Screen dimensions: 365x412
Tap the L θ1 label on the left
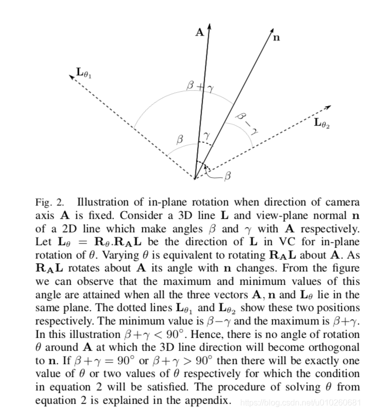84,74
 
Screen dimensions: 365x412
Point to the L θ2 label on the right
322,123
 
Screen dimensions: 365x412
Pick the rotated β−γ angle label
246,124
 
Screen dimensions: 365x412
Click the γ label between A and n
206,135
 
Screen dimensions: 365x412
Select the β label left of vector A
179,139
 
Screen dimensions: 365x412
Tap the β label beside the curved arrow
228,176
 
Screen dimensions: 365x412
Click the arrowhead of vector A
209,26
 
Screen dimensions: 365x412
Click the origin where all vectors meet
195,179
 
